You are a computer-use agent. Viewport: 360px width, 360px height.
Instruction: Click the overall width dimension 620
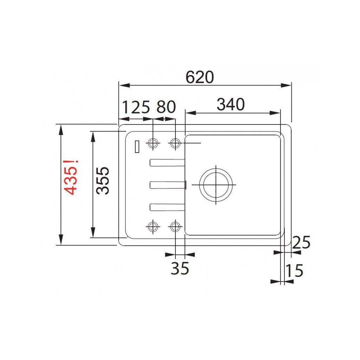[200, 77]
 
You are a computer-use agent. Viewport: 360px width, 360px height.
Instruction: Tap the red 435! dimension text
[71, 177]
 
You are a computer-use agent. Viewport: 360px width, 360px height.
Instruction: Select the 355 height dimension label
[103, 181]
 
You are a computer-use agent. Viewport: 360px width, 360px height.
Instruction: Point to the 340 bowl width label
[231, 105]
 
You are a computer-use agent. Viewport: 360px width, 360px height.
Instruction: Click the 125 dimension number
[136, 107]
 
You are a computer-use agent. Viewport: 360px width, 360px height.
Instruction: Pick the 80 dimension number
[166, 107]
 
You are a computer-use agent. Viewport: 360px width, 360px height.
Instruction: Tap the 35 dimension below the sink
[180, 268]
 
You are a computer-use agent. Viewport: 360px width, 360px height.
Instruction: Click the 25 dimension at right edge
[301, 243]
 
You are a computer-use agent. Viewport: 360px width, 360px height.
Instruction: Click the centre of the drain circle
[216, 185]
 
